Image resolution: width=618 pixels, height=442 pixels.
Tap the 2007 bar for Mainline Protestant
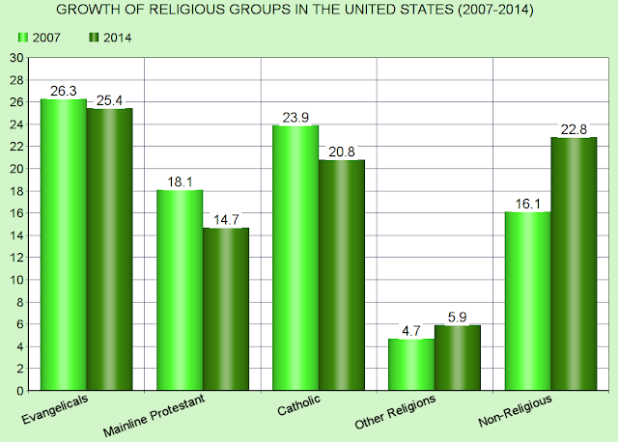pos(179,290)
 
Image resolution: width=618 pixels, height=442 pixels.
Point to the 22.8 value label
pos(574,128)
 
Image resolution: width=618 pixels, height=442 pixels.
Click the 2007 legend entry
pos(41,37)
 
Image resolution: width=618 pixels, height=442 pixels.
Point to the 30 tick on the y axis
pos(16,57)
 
